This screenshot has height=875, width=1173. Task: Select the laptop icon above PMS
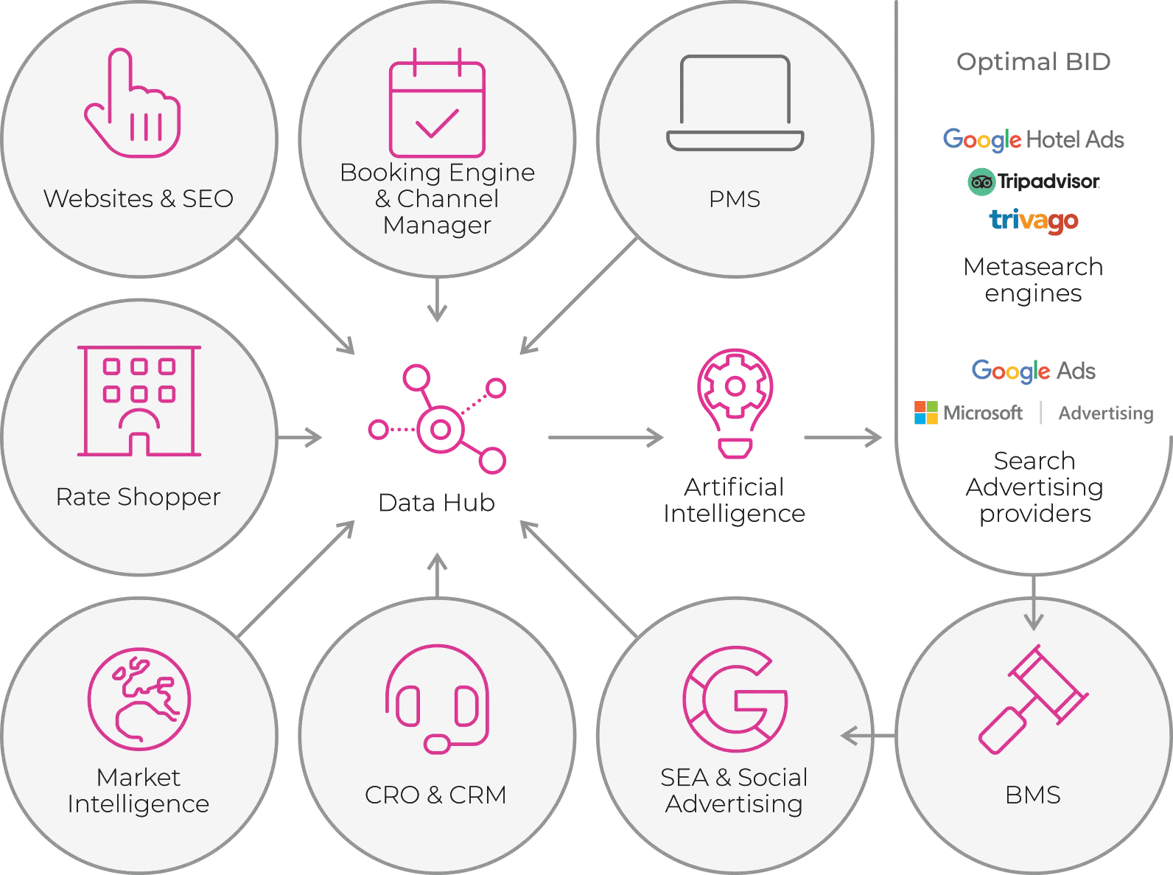point(735,103)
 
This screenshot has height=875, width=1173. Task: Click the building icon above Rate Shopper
point(139,401)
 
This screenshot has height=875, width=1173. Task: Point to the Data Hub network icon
point(438,420)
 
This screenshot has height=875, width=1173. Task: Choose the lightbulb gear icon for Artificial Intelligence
point(735,402)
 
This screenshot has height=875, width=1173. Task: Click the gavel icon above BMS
point(1033,700)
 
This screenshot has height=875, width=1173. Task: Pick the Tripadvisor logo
point(1033,181)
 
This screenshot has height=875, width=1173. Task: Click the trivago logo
point(1033,220)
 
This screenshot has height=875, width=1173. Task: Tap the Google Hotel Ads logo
point(1033,139)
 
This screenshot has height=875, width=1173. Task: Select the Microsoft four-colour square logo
point(926,413)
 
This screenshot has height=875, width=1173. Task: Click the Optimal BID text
point(1033,62)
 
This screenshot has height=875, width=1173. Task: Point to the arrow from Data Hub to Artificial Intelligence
point(606,438)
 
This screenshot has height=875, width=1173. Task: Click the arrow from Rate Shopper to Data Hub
point(300,438)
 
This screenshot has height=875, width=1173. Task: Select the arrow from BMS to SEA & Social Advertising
point(868,735)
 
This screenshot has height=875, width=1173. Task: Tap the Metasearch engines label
point(1033,280)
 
